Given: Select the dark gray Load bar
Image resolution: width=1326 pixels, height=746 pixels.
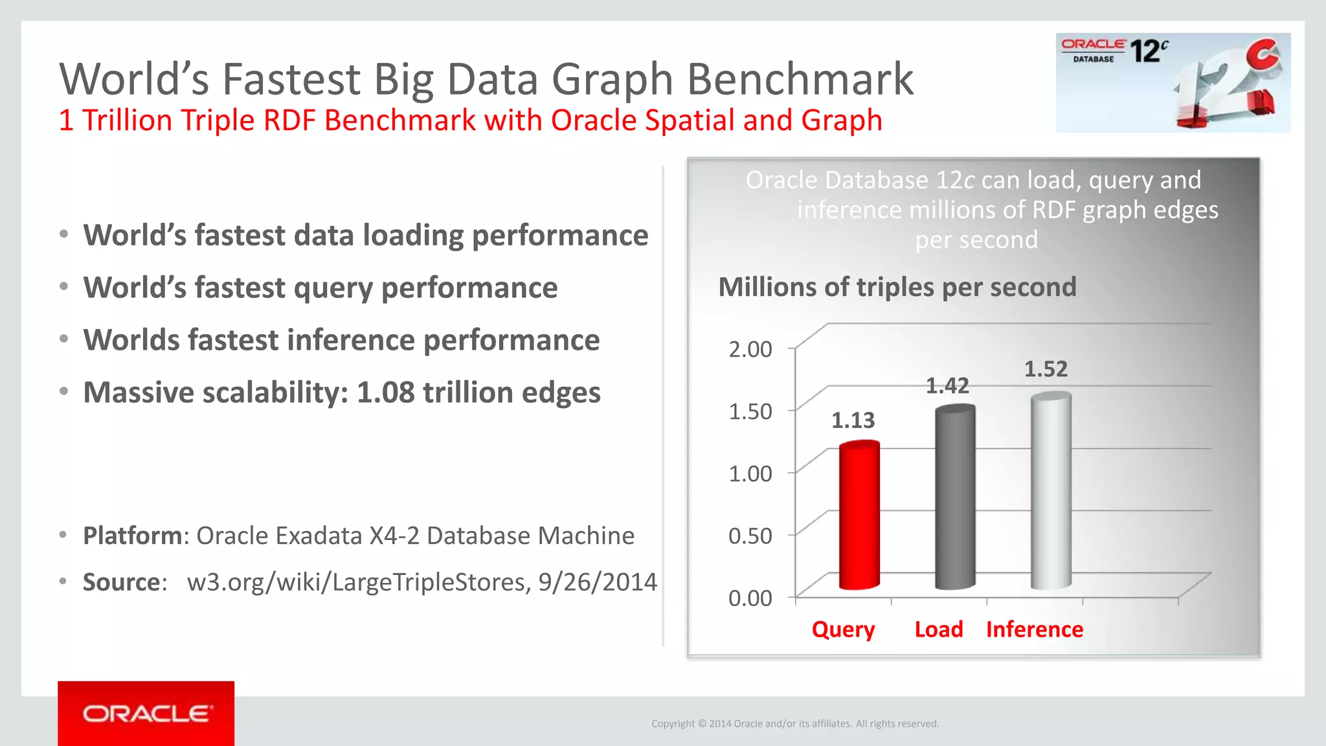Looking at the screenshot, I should tap(955, 499).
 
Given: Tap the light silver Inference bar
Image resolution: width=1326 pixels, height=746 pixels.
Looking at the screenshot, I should tap(1051, 492).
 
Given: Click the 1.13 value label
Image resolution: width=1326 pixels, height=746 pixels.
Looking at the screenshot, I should tap(853, 421).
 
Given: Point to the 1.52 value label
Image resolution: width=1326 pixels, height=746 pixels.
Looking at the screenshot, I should tap(1045, 369).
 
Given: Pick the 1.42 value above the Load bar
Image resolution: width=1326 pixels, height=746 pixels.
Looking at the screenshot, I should tap(947, 386).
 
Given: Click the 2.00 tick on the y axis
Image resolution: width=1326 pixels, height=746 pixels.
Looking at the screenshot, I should tap(750, 350).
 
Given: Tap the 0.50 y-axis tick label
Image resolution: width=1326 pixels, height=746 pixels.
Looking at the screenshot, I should tap(750, 536).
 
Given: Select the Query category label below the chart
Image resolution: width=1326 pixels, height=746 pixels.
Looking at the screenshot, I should tap(843, 629).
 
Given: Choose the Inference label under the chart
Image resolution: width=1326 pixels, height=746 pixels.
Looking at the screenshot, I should tap(1034, 629).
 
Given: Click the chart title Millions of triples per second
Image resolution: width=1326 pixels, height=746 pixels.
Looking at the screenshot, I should tap(897, 288).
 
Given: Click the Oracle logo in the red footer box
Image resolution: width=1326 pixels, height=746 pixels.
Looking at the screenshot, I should tap(146, 714).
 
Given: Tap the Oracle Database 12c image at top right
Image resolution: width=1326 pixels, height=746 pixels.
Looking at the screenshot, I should tap(1173, 83).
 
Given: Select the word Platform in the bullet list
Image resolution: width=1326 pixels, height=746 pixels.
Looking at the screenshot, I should tap(133, 536).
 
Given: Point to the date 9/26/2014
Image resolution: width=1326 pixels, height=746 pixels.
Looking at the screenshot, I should tap(597, 582).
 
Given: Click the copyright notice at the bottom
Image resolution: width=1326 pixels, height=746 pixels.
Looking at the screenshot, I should tap(794, 724).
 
